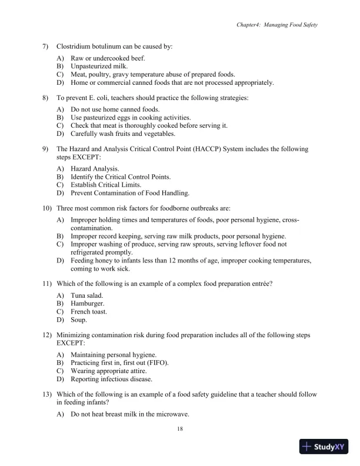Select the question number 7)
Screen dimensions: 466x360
coord(45,46)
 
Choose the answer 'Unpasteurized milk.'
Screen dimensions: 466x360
coord(98,66)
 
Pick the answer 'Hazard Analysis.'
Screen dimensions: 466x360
coord(95,168)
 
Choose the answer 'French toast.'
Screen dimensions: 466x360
coord(89,312)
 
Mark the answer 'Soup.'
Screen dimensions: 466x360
coord(79,320)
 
